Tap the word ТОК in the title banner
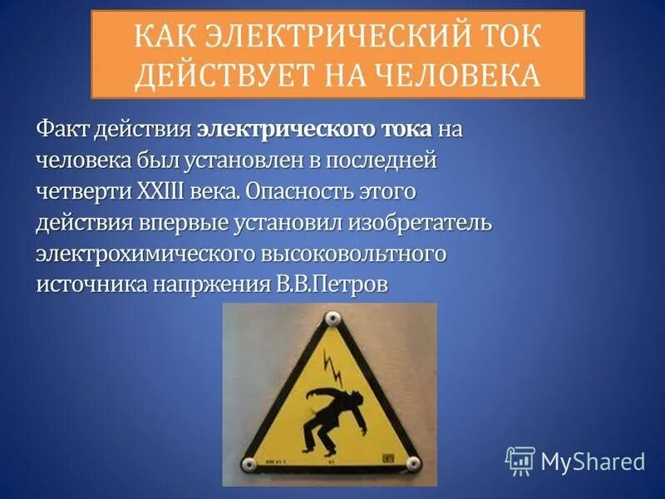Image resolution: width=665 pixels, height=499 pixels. click(501, 36)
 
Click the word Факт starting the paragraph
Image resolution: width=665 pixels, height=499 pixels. click(62, 131)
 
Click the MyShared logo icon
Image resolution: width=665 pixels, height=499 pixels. click(520, 460)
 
